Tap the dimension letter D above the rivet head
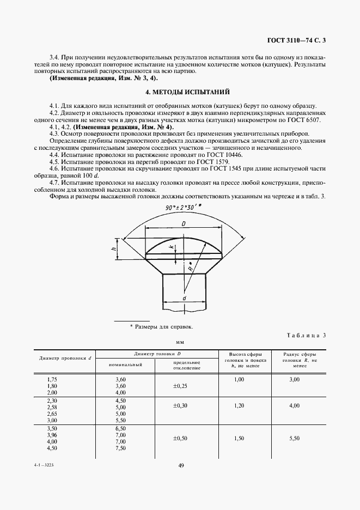click(x=184, y=223)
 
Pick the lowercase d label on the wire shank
click(x=184, y=298)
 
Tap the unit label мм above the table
click(x=180, y=343)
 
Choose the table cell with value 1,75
click(x=52, y=379)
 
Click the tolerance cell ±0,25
click(x=180, y=385)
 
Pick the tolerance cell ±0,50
click(x=180, y=438)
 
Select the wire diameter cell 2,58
click(x=52, y=406)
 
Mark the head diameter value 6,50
click(x=121, y=429)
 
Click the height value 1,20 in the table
click(x=239, y=406)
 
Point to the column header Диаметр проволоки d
click(x=65, y=358)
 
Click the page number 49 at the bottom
click(x=180, y=465)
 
